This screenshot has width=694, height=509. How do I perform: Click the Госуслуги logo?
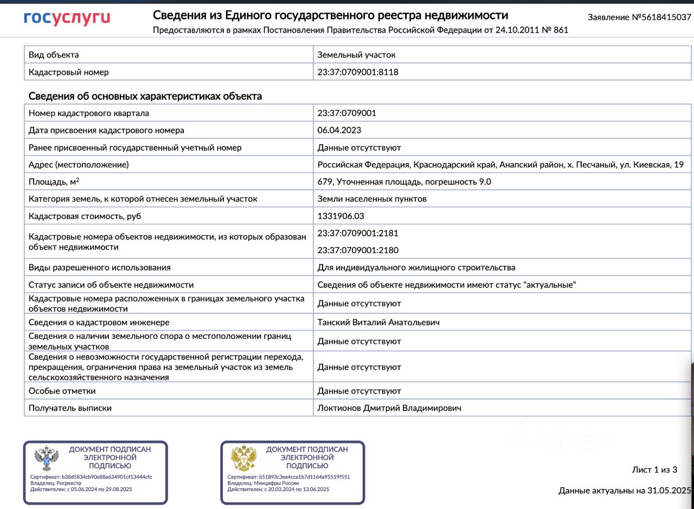click(67, 18)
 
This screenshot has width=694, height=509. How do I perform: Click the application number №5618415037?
click(661, 17)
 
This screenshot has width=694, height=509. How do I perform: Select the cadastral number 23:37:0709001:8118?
click(358, 72)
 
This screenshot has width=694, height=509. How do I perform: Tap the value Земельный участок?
click(356, 55)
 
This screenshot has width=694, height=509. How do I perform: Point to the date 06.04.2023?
click(339, 130)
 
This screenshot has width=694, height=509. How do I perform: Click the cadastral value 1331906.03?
click(340, 216)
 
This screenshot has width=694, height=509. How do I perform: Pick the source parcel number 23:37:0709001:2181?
click(358, 233)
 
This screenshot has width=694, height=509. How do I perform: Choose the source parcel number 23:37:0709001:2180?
click(358, 250)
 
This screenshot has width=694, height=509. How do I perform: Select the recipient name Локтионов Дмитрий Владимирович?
click(389, 408)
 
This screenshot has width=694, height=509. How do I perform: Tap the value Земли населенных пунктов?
click(372, 199)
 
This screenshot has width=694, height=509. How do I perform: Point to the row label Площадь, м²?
click(54, 182)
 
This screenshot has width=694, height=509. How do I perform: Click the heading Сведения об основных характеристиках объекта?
click(145, 96)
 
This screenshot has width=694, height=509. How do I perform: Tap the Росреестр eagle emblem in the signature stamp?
click(47, 459)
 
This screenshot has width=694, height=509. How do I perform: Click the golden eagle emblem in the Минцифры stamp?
click(244, 459)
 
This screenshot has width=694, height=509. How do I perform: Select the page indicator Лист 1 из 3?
click(654, 469)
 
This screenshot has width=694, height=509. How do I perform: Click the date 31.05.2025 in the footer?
click(670, 491)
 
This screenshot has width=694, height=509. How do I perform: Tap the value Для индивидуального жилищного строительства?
click(416, 267)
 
